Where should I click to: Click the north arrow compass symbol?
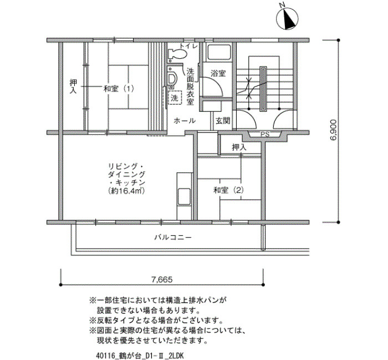pos(287,19)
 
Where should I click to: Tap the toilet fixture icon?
pos(177,54)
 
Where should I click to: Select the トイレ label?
pos(188,46)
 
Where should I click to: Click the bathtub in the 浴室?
pos(219,52)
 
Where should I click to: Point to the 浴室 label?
pos(218,73)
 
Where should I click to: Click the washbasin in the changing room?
pos(172,79)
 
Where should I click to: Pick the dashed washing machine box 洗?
pos(175,98)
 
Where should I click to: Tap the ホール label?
pos(185,121)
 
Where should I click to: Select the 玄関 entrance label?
pos(223,121)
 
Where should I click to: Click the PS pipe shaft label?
pos(265,135)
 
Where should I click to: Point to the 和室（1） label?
pos(119,89)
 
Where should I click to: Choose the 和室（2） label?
pos(228,190)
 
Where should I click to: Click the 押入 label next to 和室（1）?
pos(73,86)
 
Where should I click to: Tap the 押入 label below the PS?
pos(239,148)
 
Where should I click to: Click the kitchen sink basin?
pos(184,197)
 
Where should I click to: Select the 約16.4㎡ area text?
pos(126,191)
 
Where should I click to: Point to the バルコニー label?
pos(173,238)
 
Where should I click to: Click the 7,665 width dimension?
pos(162,280)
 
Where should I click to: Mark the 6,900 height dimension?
pos(333,130)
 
